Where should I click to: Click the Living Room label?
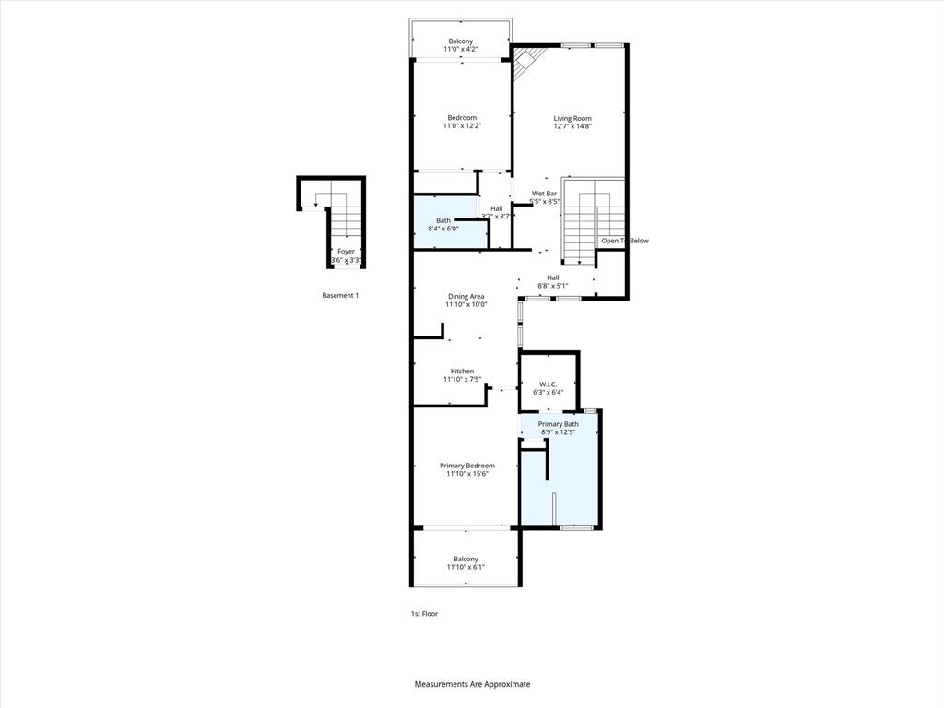point(572,118)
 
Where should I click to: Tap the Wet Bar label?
point(545,194)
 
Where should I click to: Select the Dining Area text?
point(466,296)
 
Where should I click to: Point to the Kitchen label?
point(462,372)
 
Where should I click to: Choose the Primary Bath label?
point(558,424)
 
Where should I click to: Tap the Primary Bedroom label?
point(466,466)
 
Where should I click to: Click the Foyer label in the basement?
point(346,252)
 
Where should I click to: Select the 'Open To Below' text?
point(624,241)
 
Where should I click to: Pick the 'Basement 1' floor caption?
point(339,295)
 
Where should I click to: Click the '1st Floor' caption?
point(424,613)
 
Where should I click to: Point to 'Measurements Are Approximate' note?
point(472,684)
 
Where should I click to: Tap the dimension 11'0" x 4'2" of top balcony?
point(461,50)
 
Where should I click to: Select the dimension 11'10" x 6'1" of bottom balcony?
point(466,567)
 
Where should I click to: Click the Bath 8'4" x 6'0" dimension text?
point(443,229)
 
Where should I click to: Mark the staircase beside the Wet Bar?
point(579,221)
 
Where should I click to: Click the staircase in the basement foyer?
point(346,219)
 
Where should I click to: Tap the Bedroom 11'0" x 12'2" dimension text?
point(462,126)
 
